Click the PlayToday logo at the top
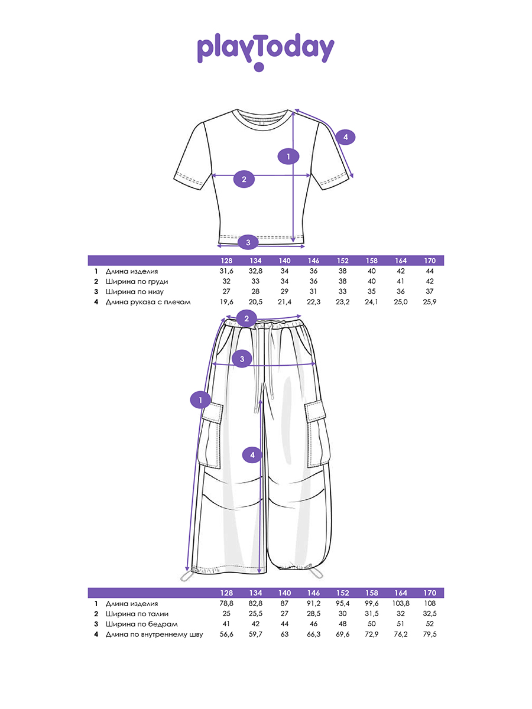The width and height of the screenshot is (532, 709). [x=265, y=51]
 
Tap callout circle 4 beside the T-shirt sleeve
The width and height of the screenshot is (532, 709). [x=346, y=137]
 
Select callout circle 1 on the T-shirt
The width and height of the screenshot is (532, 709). [x=288, y=157]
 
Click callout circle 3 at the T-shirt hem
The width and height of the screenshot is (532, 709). [x=248, y=242]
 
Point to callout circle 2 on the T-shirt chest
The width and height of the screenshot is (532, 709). [x=244, y=179]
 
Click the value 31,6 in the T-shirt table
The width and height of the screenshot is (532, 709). [x=226, y=271]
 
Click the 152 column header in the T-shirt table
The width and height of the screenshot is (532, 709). [x=343, y=261]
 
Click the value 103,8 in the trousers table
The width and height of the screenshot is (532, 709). [x=400, y=603]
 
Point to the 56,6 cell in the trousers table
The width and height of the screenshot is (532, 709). [x=226, y=635]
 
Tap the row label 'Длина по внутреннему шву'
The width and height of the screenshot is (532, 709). [x=154, y=635]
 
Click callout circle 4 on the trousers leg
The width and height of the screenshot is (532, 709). [x=252, y=454]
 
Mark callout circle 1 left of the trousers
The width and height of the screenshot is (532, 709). [x=200, y=400]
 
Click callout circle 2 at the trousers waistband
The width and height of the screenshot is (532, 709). [x=246, y=319]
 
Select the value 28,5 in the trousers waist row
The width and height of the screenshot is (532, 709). [x=313, y=614]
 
